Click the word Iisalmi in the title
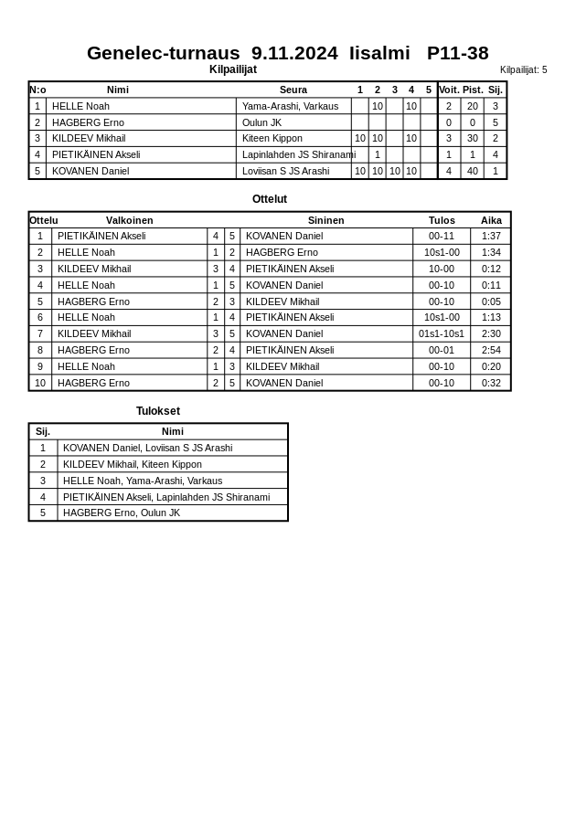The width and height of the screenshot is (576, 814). [379, 53]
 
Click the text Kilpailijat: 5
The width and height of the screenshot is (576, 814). [523, 69]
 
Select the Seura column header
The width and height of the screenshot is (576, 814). [293, 90]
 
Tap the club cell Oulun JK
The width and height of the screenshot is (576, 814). [261, 122]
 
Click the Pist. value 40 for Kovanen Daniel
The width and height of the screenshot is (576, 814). [472, 171]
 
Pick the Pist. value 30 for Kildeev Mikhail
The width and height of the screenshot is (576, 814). [472, 139]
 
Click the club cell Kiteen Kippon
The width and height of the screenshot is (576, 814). [272, 139]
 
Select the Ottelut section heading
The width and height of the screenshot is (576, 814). [270, 199]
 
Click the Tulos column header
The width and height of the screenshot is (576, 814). [442, 220]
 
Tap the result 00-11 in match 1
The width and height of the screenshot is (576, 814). [442, 236]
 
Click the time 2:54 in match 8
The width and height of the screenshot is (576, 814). [491, 350]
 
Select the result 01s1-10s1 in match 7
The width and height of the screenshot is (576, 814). [442, 333]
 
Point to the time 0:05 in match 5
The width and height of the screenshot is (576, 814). [491, 301]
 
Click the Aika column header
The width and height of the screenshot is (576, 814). [491, 220]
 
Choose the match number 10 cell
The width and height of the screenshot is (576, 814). [40, 383]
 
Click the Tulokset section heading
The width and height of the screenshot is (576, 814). [158, 411]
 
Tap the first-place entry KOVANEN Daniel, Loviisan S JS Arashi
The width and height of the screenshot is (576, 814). [147, 448]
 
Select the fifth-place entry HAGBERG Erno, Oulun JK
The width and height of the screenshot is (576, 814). [122, 513]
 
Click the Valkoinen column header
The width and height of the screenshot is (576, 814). [129, 220]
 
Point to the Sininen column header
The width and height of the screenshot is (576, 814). [325, 220]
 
